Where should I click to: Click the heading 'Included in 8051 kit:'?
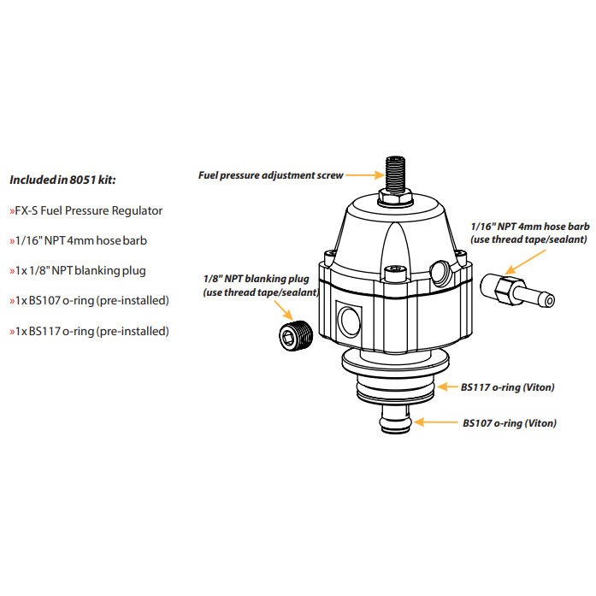[x=62, y=180]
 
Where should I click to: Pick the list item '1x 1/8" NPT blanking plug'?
[x=78, y=270]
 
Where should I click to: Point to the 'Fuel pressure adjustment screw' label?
[x=270, y=175]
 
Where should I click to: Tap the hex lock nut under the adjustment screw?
[x=395, y=198]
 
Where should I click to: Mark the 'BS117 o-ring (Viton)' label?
[x=507, y=387]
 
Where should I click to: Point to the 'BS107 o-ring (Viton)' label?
[x=510, y=422]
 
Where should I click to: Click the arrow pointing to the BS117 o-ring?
[x=447, y=387]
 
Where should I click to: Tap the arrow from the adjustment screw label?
[x=363, y=175]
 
